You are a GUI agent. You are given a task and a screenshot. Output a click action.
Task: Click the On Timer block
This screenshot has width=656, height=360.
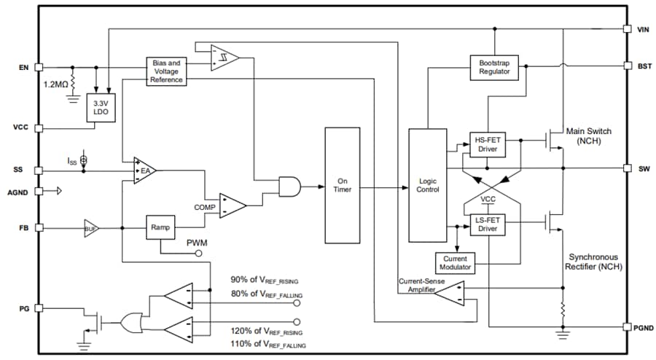[x=342, y=185]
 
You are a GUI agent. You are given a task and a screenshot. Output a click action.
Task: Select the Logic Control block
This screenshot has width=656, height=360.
[x=429, y=185]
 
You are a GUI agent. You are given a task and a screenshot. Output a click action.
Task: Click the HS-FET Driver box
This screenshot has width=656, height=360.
[x=487, y=144]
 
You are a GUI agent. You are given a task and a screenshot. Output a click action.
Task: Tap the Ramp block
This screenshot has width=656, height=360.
[x=160, y=227]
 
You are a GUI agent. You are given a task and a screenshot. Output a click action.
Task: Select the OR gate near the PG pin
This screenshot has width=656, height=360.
[x=133, y=321]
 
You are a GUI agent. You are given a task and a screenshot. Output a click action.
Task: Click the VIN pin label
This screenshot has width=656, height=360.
[x=643, y=29]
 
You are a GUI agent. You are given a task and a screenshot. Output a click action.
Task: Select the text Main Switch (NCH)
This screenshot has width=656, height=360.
[x=590, y=136]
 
